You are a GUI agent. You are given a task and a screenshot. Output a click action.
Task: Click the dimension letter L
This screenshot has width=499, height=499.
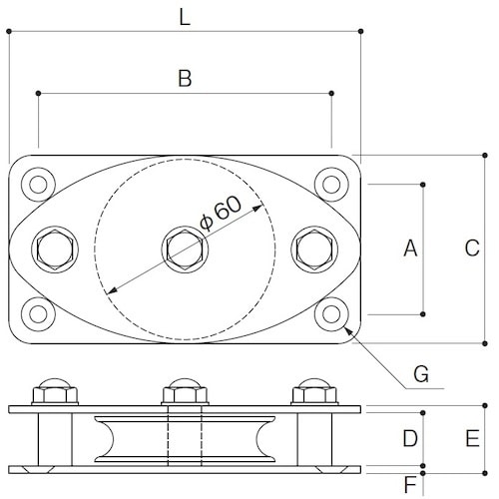click(184, 16)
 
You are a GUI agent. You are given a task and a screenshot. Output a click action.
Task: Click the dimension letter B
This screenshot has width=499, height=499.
click(184, 79)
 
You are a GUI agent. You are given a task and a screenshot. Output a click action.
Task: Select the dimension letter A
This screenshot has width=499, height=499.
click(408, 249)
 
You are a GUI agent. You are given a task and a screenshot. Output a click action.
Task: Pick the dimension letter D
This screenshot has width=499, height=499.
click(408, 438)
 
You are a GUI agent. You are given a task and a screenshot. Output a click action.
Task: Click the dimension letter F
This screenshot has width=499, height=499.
click(410, 485)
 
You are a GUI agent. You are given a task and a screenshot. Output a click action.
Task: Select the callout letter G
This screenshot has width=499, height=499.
click(421, 374)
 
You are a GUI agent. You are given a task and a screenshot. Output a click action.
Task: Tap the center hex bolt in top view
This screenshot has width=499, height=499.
click(184, 249)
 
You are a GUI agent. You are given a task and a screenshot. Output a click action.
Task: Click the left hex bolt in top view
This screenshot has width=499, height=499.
click(54, 249)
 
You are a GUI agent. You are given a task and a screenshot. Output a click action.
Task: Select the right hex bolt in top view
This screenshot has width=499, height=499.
click(313, 249)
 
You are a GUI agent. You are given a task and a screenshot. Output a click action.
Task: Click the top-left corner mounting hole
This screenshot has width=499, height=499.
click(40, 184)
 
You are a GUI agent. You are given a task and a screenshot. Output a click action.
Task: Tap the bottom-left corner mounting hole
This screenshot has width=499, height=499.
click(40, 313)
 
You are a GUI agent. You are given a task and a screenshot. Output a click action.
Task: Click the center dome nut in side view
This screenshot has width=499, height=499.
click(184, 390)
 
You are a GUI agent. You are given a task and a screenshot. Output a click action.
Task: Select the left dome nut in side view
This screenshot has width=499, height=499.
click(54, 390)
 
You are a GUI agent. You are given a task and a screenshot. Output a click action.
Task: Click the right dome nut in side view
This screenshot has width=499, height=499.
click(313, 390)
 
